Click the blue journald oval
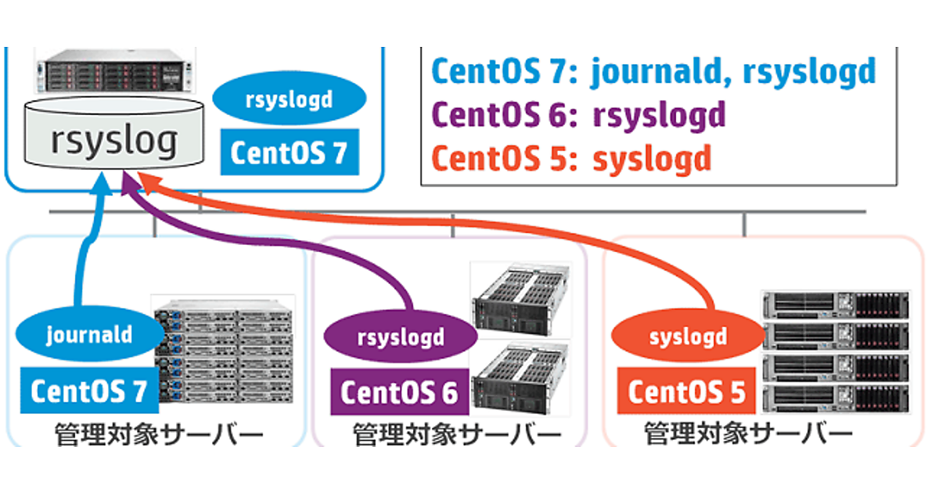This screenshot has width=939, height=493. click(88, 336)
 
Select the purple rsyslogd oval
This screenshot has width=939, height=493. click(401, 338)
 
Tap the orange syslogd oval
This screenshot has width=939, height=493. click(688, 338)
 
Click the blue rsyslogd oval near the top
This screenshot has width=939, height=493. click(289, 100)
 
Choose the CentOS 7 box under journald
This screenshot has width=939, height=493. click(88, 390)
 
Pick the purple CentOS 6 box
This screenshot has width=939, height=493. click(399, 392)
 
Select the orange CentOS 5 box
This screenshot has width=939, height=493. click(686, 392)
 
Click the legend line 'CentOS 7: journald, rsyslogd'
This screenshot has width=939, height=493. click(653, 71)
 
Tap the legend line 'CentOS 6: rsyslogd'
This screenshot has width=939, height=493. click(579, 115)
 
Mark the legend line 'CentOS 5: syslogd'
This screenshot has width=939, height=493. click(572, 159)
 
